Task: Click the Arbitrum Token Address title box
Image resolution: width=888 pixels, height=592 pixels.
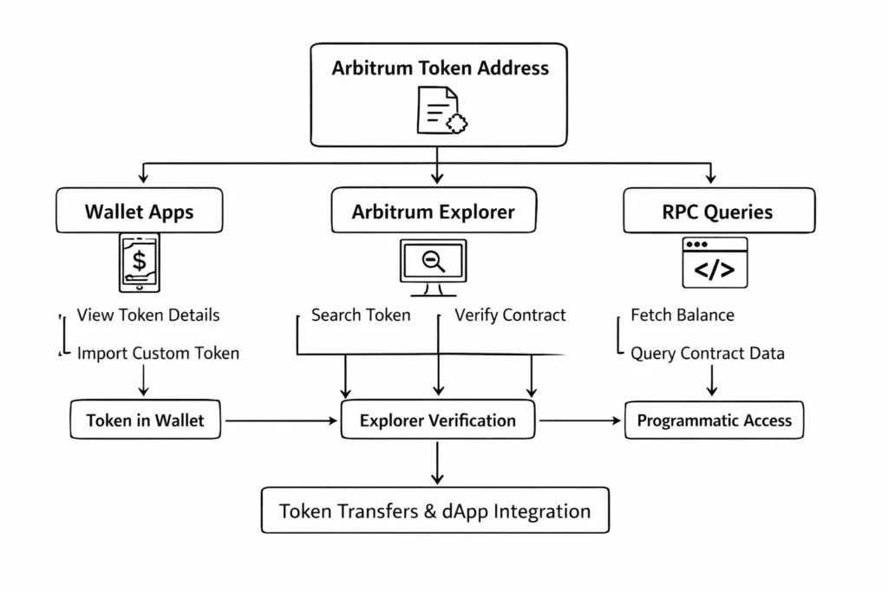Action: point(439,68)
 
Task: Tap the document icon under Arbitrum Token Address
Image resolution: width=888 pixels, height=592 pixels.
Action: point(441,111)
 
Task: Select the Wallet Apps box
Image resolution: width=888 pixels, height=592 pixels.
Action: point(139,211)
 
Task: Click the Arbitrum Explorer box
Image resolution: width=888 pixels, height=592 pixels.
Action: point(433,211)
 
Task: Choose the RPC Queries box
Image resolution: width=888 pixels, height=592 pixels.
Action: point(718,211)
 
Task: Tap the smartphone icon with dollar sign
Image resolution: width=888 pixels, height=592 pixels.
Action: point(139,262)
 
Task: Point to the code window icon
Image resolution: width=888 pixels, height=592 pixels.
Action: point(714,262)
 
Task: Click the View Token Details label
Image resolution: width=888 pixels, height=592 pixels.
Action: point(148,316)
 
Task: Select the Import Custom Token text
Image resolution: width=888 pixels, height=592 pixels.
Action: point(158,354)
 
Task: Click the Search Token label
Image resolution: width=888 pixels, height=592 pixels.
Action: point(361,316)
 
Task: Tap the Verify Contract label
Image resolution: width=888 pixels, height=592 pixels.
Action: point(510,316)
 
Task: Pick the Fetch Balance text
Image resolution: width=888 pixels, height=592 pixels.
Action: point(682,316)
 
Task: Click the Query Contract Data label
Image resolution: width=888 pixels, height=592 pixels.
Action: point(707,354)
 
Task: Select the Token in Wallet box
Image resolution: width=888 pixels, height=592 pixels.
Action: point(145,421)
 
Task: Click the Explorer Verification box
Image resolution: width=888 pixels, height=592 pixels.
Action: point(437,421)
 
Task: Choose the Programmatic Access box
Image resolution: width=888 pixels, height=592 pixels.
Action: point(714,421)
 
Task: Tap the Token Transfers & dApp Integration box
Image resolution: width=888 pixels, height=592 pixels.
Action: point(434,511)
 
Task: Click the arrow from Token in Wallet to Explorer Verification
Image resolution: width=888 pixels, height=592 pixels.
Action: point(280,421)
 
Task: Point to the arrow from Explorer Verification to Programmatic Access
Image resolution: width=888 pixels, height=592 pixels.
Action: point(579,421)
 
